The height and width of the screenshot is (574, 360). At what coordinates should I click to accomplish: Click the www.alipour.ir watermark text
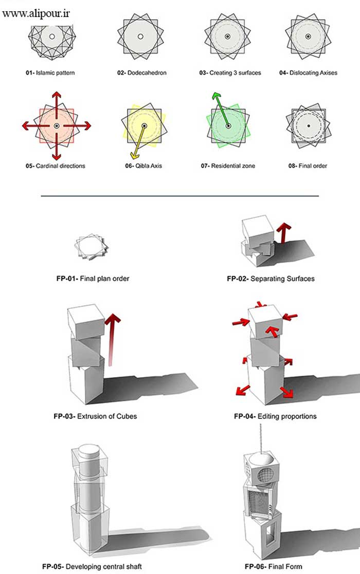36,13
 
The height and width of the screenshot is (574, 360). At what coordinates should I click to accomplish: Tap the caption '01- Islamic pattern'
50,73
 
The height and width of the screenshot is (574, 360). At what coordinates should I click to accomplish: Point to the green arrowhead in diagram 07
214,96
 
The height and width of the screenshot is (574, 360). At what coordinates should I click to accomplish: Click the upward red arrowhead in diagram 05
56,96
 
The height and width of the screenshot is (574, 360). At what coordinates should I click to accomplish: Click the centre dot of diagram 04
308,36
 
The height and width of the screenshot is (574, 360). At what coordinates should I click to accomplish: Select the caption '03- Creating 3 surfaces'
230,73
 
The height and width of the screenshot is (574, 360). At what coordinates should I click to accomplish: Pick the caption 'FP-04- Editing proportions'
275,416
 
